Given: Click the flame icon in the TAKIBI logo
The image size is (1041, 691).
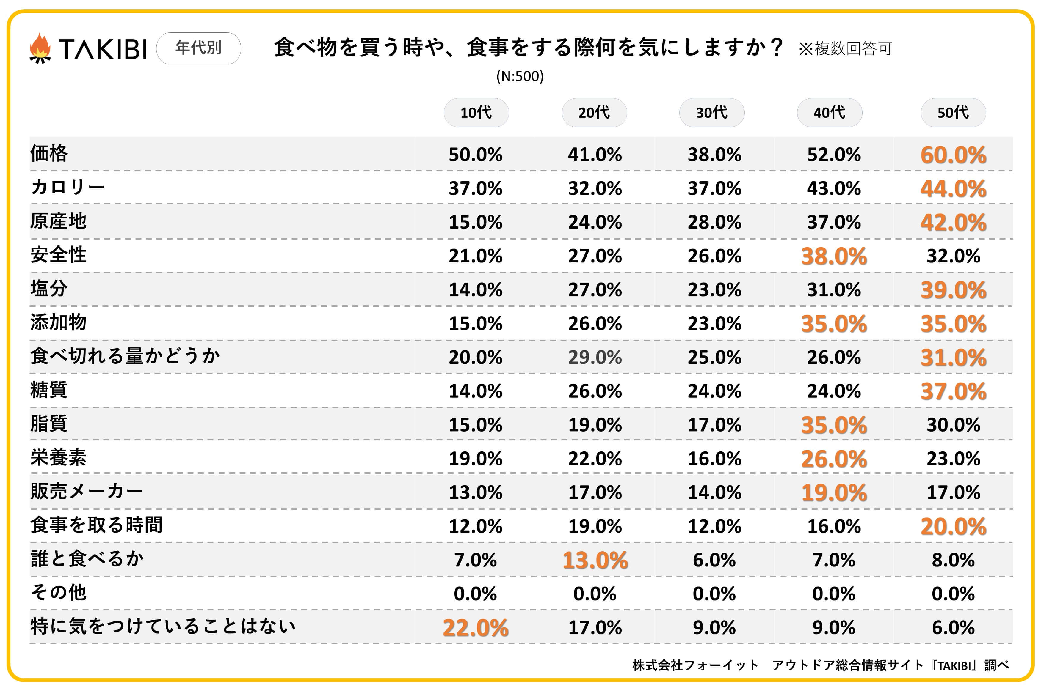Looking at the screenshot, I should point(40,48).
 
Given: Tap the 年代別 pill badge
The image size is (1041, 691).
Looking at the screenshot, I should point(198,48).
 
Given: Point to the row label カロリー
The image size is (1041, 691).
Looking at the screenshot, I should point(68,187).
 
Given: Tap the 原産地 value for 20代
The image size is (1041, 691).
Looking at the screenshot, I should point(595,222).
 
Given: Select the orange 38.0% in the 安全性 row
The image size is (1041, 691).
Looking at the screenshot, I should point(834,256).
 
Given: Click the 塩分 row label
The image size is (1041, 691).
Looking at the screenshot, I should point(49,289).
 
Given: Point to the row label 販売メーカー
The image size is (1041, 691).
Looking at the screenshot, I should point(87,491).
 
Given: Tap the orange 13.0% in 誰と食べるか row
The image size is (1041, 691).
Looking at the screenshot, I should point(595,561).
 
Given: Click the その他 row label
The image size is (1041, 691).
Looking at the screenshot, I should point(58,593).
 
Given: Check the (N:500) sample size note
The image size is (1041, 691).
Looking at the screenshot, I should point(520,76).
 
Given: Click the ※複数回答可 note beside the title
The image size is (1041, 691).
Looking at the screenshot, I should point(845,48).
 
